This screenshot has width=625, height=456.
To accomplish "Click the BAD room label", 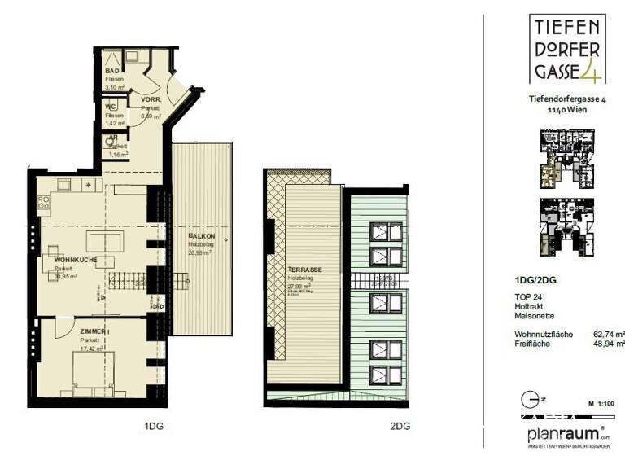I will pos(112,70).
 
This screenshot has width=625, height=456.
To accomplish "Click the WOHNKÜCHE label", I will pos(76,260).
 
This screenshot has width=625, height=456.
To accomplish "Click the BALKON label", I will pos(199,236).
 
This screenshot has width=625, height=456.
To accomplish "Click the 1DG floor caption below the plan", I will pos(152,425).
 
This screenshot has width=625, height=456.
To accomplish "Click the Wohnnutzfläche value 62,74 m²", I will pos(606,334).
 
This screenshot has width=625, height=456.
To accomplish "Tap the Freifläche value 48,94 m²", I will pos(606,344).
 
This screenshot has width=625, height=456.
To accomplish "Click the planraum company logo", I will pos(566,433).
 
